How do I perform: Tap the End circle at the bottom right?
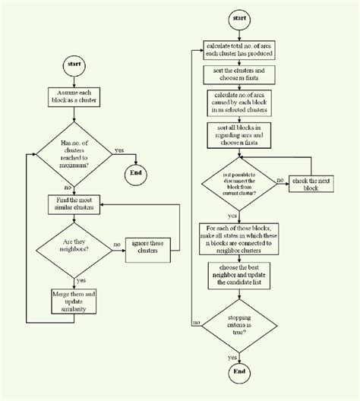pyautogui.click(x=240, y=372)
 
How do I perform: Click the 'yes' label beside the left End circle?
pyautogui.click(x=119, y=150)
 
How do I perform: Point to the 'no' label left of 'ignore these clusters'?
pyautogui.click(x=116, y=245)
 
